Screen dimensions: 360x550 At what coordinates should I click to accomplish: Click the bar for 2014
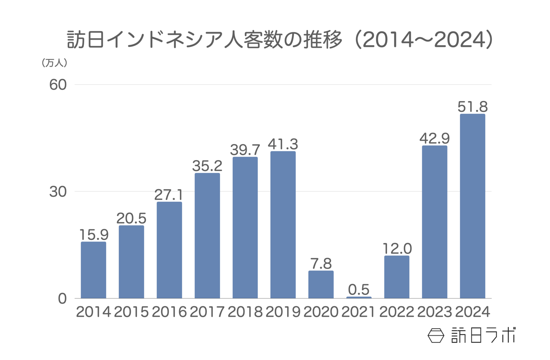coord(93,270)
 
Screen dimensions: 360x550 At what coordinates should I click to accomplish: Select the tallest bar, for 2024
coord(472,206)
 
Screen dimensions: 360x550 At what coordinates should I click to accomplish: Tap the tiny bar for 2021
coord(359,297)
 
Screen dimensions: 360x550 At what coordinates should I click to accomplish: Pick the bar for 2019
coord(283,225)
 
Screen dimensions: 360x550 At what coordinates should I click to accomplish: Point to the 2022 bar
coord(397,277)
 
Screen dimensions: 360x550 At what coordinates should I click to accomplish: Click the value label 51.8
coord(472,107)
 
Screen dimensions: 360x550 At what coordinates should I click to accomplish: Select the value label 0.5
coord(359,290)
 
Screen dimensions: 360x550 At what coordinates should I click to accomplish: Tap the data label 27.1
coord(169,195)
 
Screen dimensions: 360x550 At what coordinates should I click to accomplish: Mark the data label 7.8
coord(321,263)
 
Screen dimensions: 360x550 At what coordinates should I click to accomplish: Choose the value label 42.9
coord(434,138)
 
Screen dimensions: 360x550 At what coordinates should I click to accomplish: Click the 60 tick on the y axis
coord(58,85)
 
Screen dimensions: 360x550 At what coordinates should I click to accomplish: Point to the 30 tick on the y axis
coord(58,192)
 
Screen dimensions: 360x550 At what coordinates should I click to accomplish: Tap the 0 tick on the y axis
coord(62,299)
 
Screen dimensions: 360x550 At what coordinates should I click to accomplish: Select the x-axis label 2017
coord(207,312)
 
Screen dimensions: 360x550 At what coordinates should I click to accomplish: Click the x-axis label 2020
coord(321,312)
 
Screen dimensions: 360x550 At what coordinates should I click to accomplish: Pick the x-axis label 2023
coord(434,312)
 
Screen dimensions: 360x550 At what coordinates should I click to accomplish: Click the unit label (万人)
coord(54,63)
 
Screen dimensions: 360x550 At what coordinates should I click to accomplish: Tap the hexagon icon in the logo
coord(436,335)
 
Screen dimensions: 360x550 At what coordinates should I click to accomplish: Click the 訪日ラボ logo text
coord(483,335)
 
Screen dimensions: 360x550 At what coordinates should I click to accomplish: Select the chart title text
coord(280,40)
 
